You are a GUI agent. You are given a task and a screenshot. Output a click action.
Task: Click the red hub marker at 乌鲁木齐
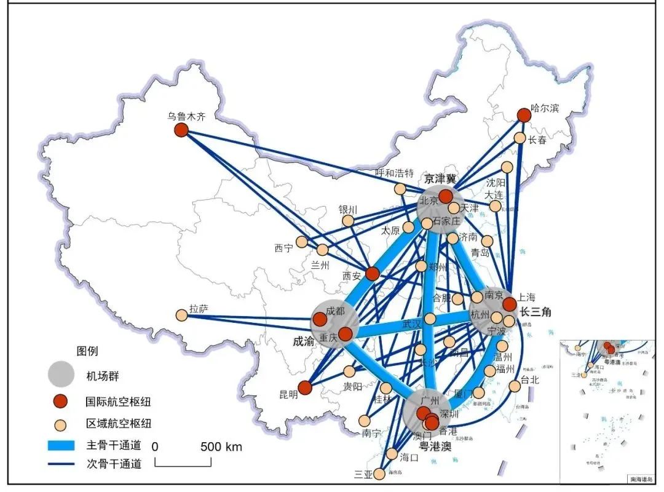(181, 130)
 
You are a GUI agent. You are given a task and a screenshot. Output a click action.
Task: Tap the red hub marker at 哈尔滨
(524, 116)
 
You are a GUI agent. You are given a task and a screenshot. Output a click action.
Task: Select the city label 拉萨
(199, 309)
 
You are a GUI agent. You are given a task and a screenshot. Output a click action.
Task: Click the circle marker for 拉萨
(181, 315)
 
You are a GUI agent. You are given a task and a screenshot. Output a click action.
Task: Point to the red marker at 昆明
(305, 388)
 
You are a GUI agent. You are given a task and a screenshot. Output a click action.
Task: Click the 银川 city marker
(348, 221)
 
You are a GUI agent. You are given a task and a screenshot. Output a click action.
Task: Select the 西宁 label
(284, 248)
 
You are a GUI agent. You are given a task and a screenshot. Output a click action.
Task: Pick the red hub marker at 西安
(372, 274)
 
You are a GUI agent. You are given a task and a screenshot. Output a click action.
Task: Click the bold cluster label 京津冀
(440, 178)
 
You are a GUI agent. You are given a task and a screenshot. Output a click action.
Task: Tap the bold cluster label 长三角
(535, 312)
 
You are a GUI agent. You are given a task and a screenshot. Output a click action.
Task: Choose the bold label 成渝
(304, 340)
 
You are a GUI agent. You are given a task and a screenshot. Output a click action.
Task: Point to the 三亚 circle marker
(379, 474)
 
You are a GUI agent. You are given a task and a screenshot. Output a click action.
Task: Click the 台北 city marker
(514, 386)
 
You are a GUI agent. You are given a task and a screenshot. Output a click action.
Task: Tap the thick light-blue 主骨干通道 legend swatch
(61, 445)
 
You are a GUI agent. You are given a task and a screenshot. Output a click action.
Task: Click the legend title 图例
(87, 351)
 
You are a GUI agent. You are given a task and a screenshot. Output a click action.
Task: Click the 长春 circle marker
(520, 138)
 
